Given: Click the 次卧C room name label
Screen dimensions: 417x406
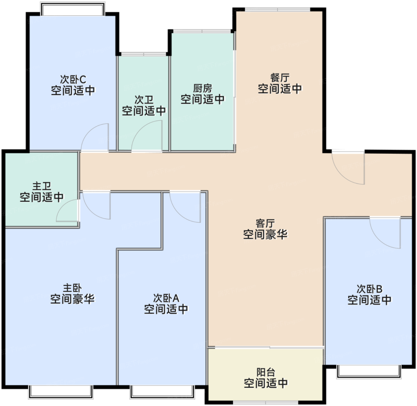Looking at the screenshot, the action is [73, 80].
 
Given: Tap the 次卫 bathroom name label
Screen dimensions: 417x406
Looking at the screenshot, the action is [144, 100].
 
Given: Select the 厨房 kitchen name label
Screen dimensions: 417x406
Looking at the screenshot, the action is [203, 88].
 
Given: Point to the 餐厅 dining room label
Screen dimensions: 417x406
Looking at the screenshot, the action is [280, 78].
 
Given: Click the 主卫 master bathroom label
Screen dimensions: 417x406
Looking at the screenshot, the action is [42, 186].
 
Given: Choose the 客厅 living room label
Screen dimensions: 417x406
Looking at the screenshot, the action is [265, 223].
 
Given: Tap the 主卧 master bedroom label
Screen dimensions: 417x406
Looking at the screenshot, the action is [72, 288].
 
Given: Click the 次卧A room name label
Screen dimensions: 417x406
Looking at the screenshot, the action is [166, 298].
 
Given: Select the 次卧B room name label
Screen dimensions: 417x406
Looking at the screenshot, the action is [369, 289].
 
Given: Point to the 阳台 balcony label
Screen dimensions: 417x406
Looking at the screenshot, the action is [266, 372].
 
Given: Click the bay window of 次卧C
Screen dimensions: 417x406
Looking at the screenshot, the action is [73, 9].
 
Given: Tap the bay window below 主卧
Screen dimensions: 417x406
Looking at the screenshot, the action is [61, 392].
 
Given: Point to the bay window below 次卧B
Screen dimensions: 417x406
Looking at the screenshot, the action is [369, 372].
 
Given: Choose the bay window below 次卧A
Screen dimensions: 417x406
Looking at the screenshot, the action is [162, 392].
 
